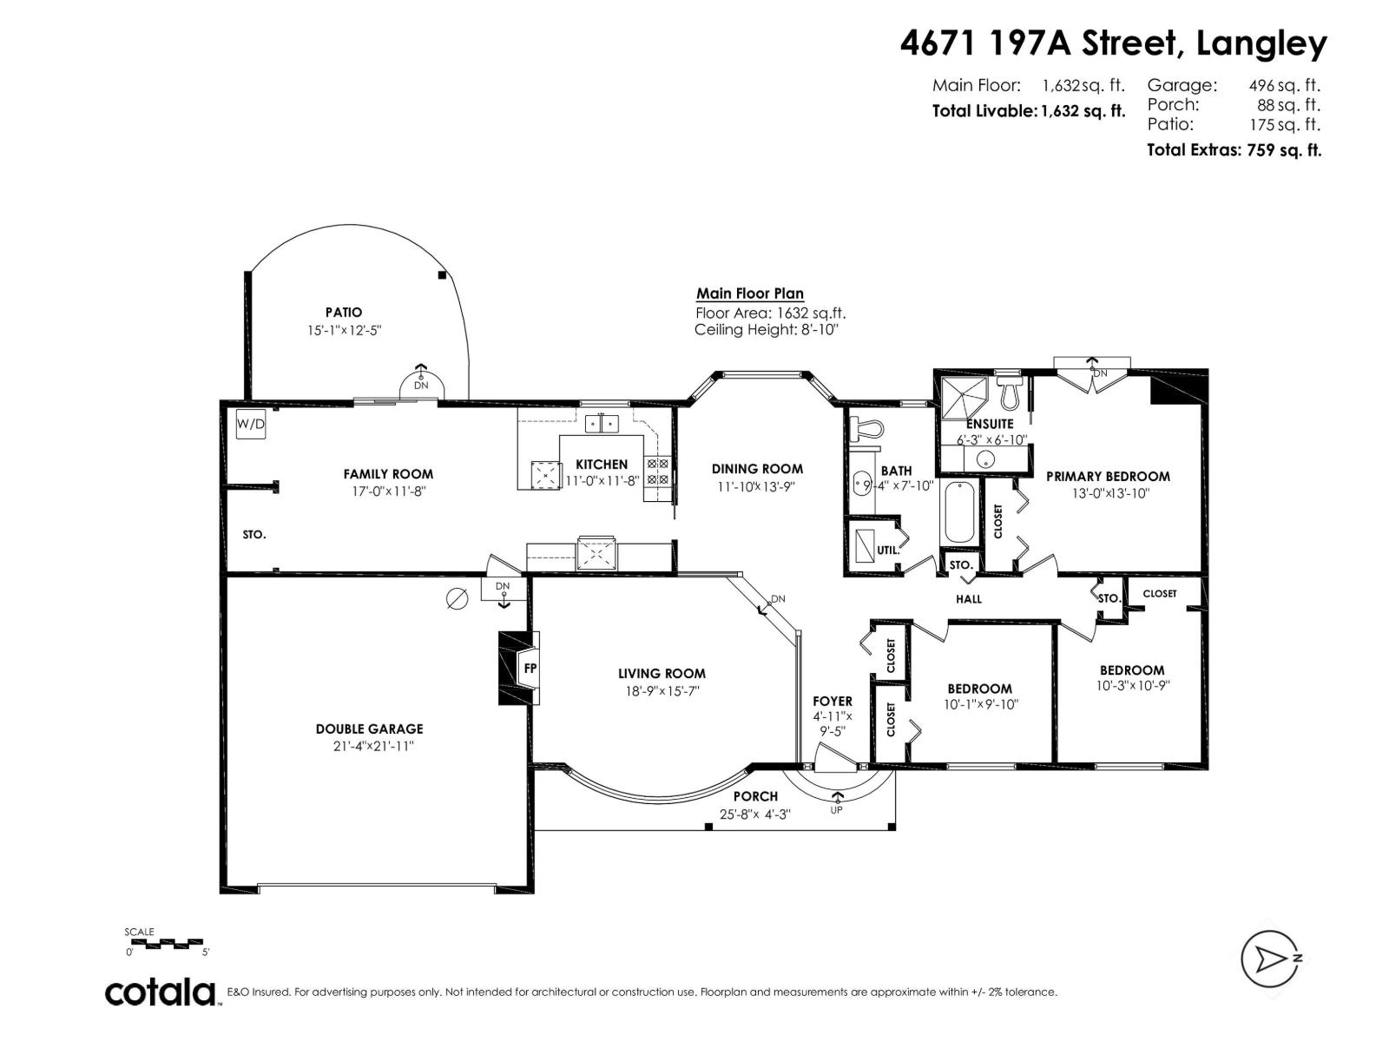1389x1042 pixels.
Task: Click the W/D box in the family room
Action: coord(251,425)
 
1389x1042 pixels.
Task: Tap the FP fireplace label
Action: coord(530,668)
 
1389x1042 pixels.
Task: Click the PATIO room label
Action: coord(344,312)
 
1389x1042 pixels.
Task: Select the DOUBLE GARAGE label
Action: coord(369,729)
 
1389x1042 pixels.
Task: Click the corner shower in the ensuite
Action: coord(963,397)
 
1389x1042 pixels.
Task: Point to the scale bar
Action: coord(165,941)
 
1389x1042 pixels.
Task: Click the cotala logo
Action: coord(161,992)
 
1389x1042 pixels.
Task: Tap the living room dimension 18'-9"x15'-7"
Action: coord(662,691)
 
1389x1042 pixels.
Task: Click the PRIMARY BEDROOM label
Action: coord(1108,476)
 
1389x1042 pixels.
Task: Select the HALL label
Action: coord(969,598)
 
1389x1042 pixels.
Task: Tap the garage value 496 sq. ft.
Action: coord(1284,85)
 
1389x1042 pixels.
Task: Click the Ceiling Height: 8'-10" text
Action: coord(767,330)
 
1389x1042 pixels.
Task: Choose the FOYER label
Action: coord(833,701)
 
